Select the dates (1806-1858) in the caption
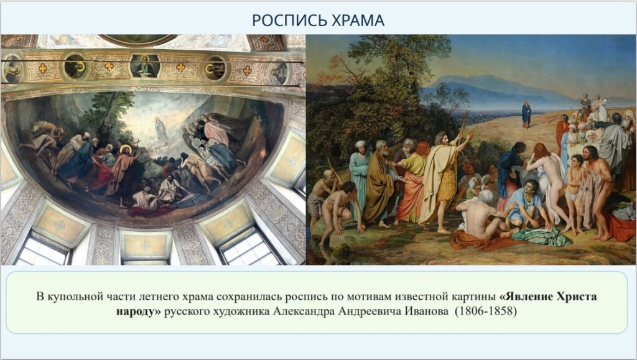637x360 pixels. pyautogui.click(x=485, y=312)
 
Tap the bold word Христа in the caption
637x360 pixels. pyautogui.click(x=577, y=297)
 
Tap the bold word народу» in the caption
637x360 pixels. pyautogui.click(x=139, y=312)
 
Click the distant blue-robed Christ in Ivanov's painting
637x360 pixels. pyautogui.click(x=526, y=114)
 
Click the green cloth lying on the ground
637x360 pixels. pyautogui.click(x=542, y=237)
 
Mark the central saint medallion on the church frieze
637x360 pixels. pyautogui.click(x=144, y=66)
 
